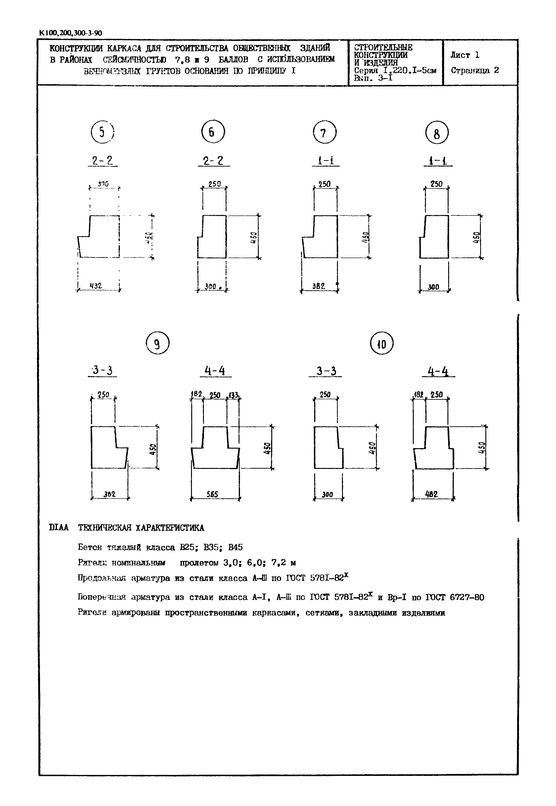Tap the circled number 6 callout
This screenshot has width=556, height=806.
point(213,132)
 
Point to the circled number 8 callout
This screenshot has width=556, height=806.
point(437,133)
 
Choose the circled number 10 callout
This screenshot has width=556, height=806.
point(381,344)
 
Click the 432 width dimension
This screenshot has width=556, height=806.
point(96,286)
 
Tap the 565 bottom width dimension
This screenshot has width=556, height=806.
point(212,494)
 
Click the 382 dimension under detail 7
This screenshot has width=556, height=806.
point(318,286)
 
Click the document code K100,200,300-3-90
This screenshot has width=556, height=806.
point(71,33)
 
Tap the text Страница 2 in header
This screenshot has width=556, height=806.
point(475,70)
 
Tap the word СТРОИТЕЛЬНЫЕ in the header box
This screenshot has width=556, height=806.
point(383,47)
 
